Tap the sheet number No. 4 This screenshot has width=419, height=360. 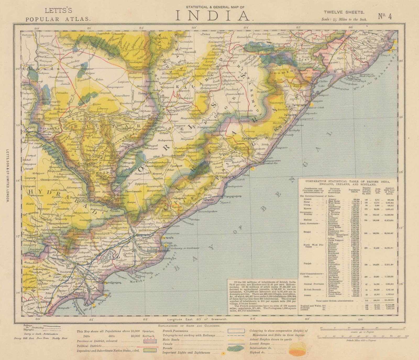tap(385, 16)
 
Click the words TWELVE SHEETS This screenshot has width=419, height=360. tap(344, 12)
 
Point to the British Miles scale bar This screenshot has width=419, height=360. tap(362, 337)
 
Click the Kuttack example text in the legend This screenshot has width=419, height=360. tap(148, 336)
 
